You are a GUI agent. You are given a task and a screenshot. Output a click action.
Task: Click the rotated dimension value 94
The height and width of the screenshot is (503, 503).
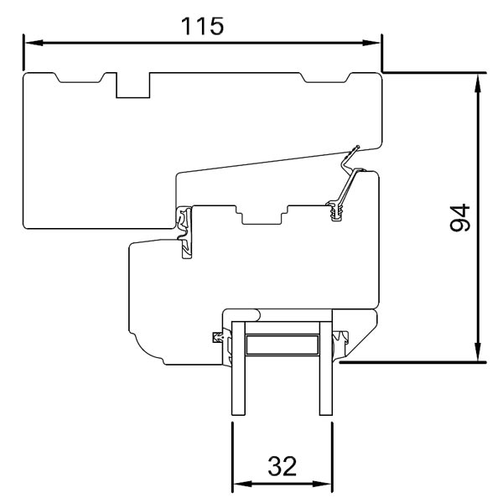click(459, 218)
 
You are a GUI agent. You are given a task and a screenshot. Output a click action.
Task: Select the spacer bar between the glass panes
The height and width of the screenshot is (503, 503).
click(282, 345)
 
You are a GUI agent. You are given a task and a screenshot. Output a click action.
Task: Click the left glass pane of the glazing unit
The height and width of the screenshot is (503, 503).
click(237, 369)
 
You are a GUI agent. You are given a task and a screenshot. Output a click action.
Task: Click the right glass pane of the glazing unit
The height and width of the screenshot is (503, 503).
click(325, 369)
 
